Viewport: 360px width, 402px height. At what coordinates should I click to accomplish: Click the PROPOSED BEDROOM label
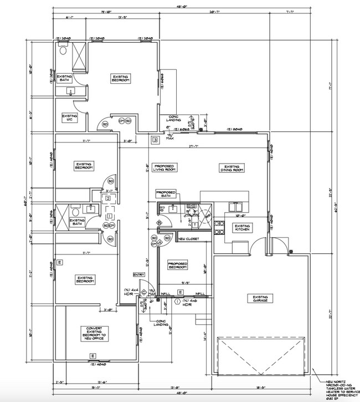point(177,265)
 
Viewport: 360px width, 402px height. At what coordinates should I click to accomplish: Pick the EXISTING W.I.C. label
point(69,118)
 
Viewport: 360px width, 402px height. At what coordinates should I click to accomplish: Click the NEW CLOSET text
point(188,239)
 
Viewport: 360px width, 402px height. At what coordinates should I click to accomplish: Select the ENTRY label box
point(138,274)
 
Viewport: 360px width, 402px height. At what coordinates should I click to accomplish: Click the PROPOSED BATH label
point(167,194)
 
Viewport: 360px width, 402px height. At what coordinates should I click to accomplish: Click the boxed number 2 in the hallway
point(108,197)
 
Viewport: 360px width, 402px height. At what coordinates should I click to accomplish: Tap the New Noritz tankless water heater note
point(340,385)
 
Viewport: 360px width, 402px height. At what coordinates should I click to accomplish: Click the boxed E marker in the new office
point(92,355)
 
